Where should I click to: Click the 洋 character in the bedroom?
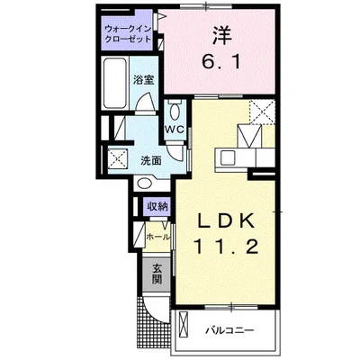pos(221,38)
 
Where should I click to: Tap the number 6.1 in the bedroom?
pos(221,65)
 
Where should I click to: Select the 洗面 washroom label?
pos(151,159)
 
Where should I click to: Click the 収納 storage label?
pos(157,206)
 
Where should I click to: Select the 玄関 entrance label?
pos(157,273)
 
